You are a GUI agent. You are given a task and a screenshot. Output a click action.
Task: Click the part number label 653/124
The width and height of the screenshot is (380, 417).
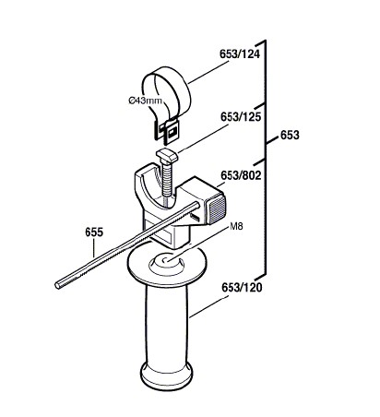[240, 54]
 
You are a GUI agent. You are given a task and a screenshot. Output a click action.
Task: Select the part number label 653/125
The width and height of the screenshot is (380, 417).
[241, 117]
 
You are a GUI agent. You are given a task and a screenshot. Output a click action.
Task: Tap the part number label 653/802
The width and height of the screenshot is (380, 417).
[241, 175]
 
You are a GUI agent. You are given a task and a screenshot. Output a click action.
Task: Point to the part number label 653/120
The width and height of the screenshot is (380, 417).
[242, 288]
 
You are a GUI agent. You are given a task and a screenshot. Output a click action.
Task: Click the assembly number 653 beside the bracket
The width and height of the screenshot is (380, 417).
[290, 135]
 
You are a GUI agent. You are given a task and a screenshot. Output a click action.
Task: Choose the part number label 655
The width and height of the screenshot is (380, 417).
[94, 232]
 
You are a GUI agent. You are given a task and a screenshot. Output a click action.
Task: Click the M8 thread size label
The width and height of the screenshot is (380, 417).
[236, 226]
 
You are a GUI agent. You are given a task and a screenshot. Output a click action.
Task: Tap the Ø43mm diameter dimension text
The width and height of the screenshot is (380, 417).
[145, 101]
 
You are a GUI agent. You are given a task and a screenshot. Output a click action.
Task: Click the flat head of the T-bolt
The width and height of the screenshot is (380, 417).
[167, 155]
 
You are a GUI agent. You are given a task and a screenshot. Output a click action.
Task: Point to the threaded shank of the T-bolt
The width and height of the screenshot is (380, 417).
[166, 180]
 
